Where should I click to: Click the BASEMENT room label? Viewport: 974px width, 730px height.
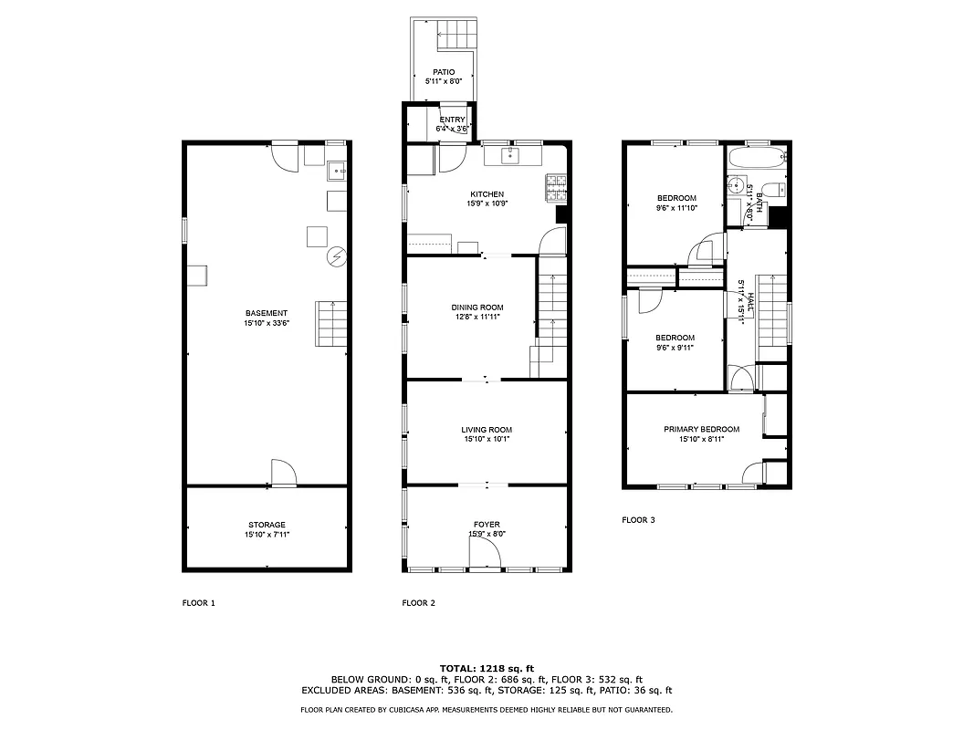click(x=266, y=313)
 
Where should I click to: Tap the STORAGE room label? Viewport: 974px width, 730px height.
click(x=267, y=525)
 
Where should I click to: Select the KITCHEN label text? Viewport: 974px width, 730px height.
click(x=487, y=194)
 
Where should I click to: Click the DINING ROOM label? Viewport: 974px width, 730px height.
click(x=477, y=308)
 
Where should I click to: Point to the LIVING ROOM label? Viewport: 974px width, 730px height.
click(x=487, y=430)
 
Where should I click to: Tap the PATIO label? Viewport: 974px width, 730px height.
click(x=444, y=71)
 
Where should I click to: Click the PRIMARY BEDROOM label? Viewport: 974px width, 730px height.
click(x=701, y=429)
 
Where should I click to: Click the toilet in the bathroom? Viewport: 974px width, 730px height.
click(x=772, y=190)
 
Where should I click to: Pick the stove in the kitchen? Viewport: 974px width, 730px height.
click(x=555, y=187)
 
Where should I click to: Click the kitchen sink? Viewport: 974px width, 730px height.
click(x=509, y=156)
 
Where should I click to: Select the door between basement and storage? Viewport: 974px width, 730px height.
click(x=283, y=474)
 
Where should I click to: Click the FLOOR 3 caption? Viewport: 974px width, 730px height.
click(x=638, y=520)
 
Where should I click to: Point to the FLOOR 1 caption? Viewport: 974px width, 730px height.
click(x=199, y=603)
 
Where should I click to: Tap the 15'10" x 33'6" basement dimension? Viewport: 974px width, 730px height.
click(x=266, y=323)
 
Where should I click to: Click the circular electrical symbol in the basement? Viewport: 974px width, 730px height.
click(x=337, y=256)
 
